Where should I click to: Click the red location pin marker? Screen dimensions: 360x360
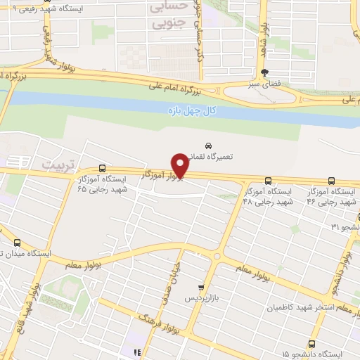click(x=180, y=166)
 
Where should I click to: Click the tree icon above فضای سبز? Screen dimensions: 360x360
click(x=264, y=72)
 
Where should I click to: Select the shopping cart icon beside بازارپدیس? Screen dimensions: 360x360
click(x=201, y=287)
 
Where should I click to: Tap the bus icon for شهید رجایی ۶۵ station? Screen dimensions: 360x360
click(x=103, y=168)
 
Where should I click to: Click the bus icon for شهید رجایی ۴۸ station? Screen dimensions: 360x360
click(x=269, y=181)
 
